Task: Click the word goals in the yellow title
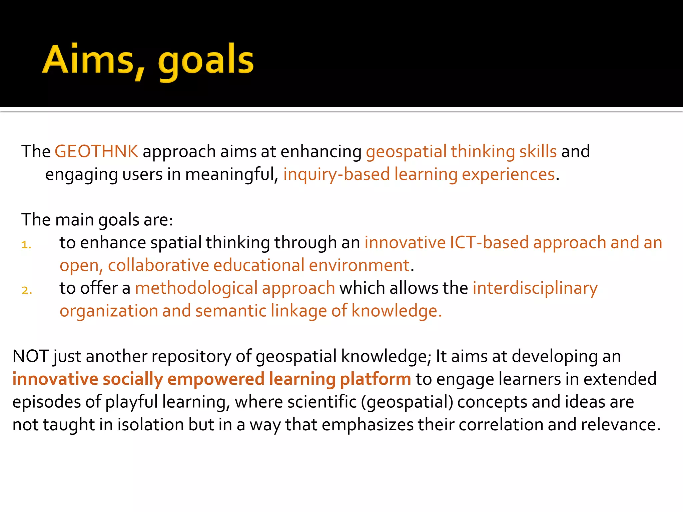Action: pyautogui.click(x=206, y=62)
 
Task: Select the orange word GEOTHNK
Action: pyautogui.click(x=96, y=151)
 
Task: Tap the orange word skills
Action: pyautogui.click(x=538, y=151)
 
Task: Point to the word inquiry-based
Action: pyautogui.click(x=336, y=174)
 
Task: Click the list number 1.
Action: pyautogui.click(x=26, y=245)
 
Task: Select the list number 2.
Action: pyautogui.click(x=27, y=290)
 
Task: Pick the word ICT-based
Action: pyautogui.click(x=489, y=242)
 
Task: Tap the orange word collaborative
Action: pyautogui.click(x=158, y=265)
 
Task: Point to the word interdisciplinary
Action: pyautogui.click(x=535, y=288)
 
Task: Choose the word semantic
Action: pyautogui.click(x=231, y=311)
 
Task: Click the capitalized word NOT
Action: pyautogui.click(x=31, y=356)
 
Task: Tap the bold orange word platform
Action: pyautogui.click(x=375, y=379)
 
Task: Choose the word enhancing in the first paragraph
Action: pyautogui.click(x=321, y=152)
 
